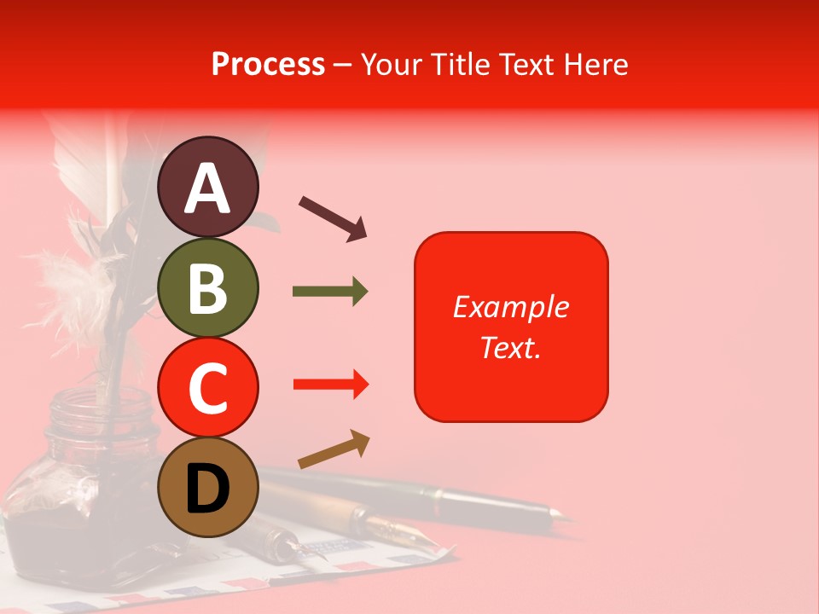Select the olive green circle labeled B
pos(208,287)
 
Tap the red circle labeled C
pos(208,387)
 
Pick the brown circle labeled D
pos(208,487)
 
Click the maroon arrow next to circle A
pos(333,217)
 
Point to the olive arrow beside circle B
pos(330,292)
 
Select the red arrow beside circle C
pos(330,385)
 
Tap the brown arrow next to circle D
pos(334,449)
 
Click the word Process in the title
pos(268,64)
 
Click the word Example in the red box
pos(510,307)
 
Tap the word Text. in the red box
pos(510,347)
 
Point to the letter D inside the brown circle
pos(208,489)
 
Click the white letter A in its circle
pos(208,188)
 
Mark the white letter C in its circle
pos(208,389)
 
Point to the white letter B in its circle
pos(208,289)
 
